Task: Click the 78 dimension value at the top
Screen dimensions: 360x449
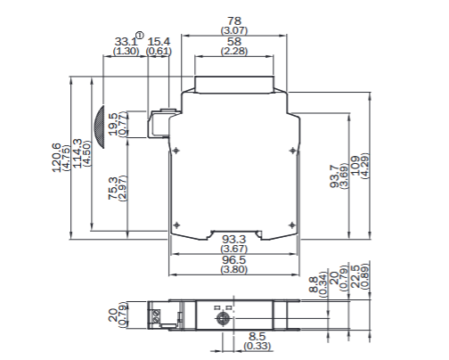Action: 234,20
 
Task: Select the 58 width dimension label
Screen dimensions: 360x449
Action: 234,42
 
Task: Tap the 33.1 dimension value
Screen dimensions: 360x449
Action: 126,42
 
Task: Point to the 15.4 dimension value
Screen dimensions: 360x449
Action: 159,42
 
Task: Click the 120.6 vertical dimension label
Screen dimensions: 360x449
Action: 58,157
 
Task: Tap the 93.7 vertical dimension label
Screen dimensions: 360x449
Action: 334,172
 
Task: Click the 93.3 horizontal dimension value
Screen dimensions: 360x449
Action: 234,240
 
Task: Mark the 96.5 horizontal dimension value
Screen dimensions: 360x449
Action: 234,259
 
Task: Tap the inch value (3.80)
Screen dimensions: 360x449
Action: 234,269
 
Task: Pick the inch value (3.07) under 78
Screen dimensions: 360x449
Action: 234,30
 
